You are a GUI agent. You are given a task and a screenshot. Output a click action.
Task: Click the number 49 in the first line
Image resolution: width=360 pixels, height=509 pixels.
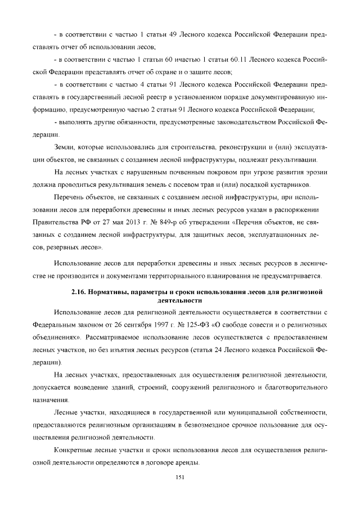(x=174, y=35)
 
